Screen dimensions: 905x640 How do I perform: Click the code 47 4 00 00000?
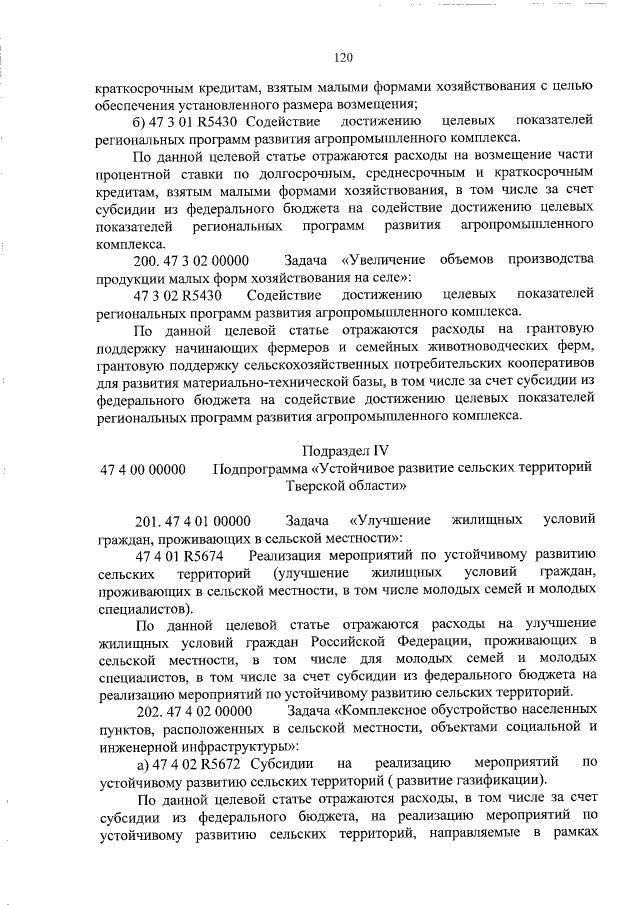143,469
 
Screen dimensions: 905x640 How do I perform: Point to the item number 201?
146,521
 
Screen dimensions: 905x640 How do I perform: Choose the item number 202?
146,711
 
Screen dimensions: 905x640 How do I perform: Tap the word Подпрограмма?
264,469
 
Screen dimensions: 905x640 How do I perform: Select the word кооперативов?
540,365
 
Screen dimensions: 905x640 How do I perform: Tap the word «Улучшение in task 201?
391,521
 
